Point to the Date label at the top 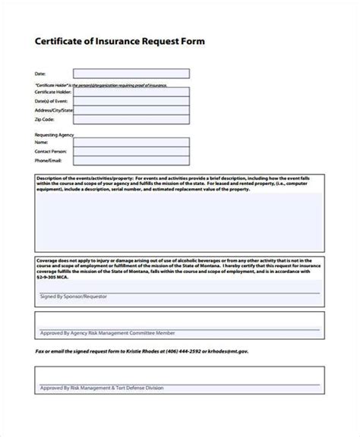[x=40, y=74]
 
